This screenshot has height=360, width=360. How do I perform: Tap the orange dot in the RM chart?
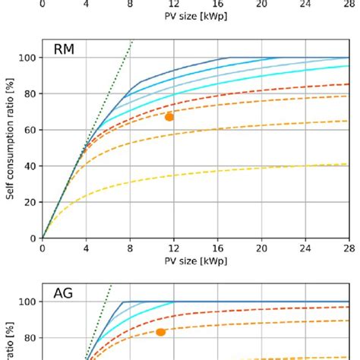click(x=169, y=117)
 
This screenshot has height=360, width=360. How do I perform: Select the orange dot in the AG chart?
click(x=160, y=332)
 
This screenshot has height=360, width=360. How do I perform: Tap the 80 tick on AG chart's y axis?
click(x=29, y=338)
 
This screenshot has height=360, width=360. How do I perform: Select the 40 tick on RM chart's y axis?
click(x=29, y=166)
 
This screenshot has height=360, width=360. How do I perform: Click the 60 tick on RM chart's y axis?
click(x=29, y=130)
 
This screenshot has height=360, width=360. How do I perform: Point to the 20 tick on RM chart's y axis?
click(x=29, y=202)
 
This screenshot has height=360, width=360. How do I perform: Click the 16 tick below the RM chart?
click(x=218, y=248)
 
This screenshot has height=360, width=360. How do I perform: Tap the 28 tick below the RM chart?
click(x=349, y=248)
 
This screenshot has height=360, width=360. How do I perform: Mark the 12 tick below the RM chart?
click(x=174, y=248)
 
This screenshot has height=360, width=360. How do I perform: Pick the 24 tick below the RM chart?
click(x=306, y=248)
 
